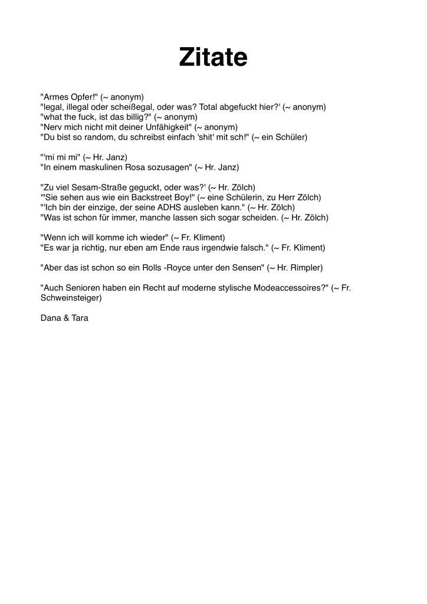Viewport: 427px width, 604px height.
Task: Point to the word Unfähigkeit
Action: click(x=167, y=127)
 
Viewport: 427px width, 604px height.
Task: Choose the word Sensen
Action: click(x=245, y=267)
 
